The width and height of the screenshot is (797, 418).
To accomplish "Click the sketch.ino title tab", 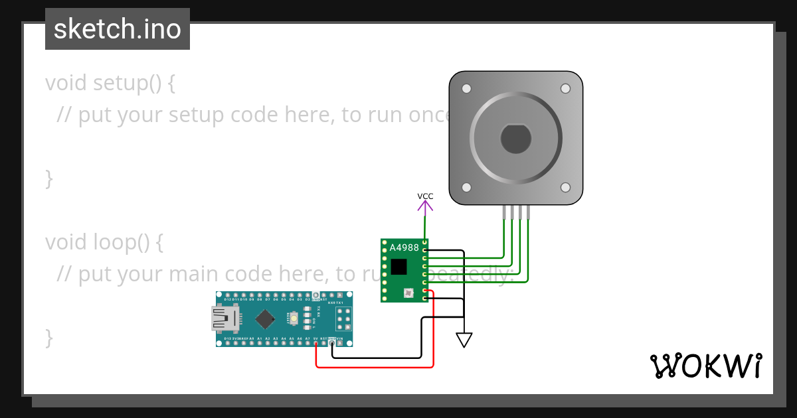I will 118,29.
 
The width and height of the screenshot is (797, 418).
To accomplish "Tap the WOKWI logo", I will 705,366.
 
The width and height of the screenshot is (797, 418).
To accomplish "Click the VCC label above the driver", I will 425,196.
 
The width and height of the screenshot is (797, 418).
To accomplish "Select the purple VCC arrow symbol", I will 425,206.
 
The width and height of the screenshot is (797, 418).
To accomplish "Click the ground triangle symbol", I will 464,340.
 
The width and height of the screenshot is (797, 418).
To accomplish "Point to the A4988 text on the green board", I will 404,247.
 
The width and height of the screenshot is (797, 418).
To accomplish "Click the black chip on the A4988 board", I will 398,267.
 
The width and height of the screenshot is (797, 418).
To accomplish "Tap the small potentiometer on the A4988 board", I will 408,293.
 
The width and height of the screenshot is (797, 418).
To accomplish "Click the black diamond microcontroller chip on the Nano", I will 265,319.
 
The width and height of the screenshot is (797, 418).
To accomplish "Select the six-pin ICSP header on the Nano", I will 343,319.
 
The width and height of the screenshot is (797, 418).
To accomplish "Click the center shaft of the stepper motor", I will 515,138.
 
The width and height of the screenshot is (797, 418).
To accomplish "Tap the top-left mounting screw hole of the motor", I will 466,88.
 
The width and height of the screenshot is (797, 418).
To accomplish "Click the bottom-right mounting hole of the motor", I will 565,188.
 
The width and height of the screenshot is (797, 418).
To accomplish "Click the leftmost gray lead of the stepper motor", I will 504,212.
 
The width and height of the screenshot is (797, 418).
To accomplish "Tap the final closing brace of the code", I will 49,338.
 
